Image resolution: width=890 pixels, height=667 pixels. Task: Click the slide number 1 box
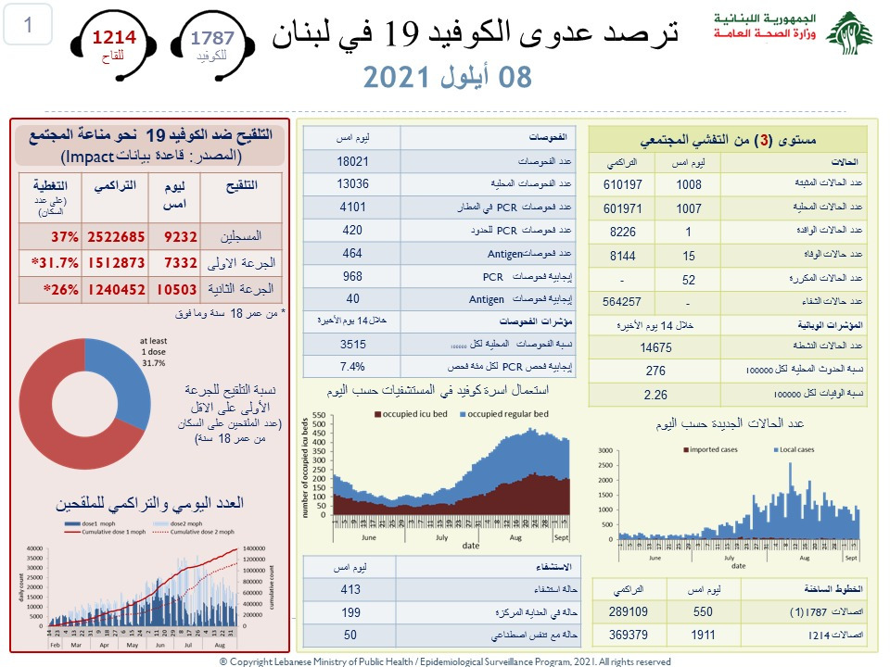(29, 25)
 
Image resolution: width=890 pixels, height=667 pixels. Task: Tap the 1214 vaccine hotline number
(113, 38)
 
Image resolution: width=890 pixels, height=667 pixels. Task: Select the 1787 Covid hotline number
(212, 38)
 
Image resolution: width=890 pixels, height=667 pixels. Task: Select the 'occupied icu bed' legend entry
(409, 413)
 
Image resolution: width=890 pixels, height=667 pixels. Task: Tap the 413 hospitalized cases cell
(350, 589)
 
